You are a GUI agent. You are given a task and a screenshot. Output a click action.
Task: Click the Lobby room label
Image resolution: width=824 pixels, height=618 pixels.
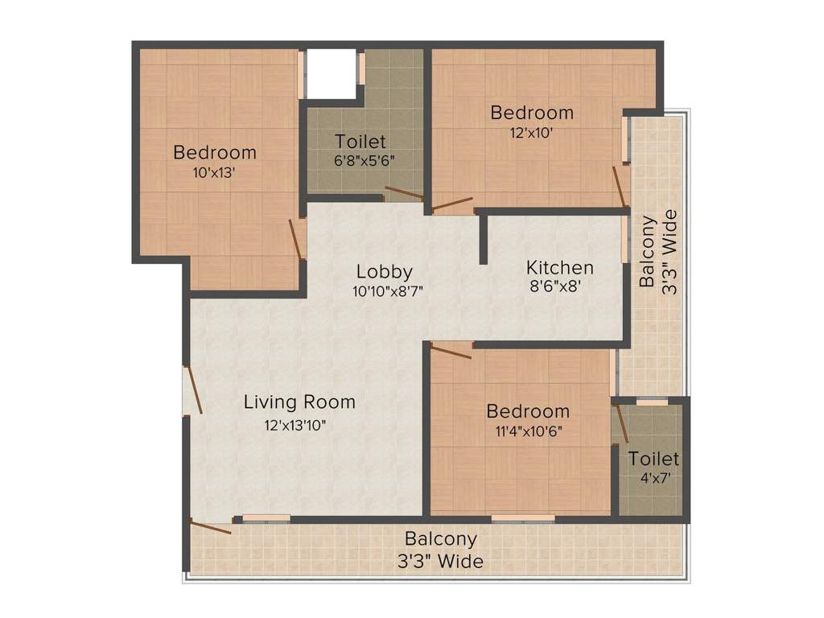point(385,271)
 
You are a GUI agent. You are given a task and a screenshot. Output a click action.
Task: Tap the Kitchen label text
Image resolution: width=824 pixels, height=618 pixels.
point(560,267)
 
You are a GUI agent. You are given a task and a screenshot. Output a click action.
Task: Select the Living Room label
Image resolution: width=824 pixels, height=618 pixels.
point(299,402)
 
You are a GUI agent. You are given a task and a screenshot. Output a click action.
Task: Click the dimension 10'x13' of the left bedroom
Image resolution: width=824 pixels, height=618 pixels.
point(214,172)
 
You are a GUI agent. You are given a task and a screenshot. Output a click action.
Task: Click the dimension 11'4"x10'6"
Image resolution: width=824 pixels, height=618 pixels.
point(527,431)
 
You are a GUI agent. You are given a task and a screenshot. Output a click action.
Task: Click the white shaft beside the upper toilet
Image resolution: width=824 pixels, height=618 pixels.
point(331,74)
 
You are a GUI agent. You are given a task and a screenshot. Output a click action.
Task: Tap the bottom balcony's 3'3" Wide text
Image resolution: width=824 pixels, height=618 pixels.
point(441,561)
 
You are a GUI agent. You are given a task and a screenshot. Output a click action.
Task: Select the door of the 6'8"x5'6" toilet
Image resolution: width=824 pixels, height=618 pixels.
point(403,193)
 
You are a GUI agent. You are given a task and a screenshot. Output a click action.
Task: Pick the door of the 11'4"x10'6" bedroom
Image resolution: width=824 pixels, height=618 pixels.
point(451,349)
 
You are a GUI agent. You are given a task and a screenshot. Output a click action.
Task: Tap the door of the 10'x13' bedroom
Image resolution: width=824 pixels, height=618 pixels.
point(296,239)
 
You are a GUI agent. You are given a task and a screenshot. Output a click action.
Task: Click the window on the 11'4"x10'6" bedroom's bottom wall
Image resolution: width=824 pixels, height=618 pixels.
point(523,518)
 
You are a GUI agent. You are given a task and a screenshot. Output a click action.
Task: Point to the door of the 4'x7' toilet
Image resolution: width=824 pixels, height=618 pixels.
point(621,423)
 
